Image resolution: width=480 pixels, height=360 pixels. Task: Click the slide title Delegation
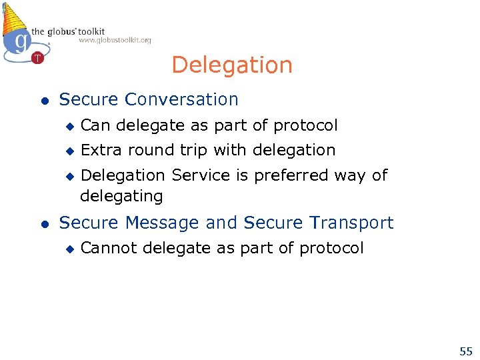pos(231,65)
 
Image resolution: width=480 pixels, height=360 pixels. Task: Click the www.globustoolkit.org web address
pos(115,41)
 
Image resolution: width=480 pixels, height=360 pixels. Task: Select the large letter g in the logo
pos(21,41)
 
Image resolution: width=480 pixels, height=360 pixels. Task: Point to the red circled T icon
pos(37,58)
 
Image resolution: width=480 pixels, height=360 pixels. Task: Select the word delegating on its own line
pos(121,196)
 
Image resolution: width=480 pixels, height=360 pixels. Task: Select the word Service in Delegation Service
pos(195,175)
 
